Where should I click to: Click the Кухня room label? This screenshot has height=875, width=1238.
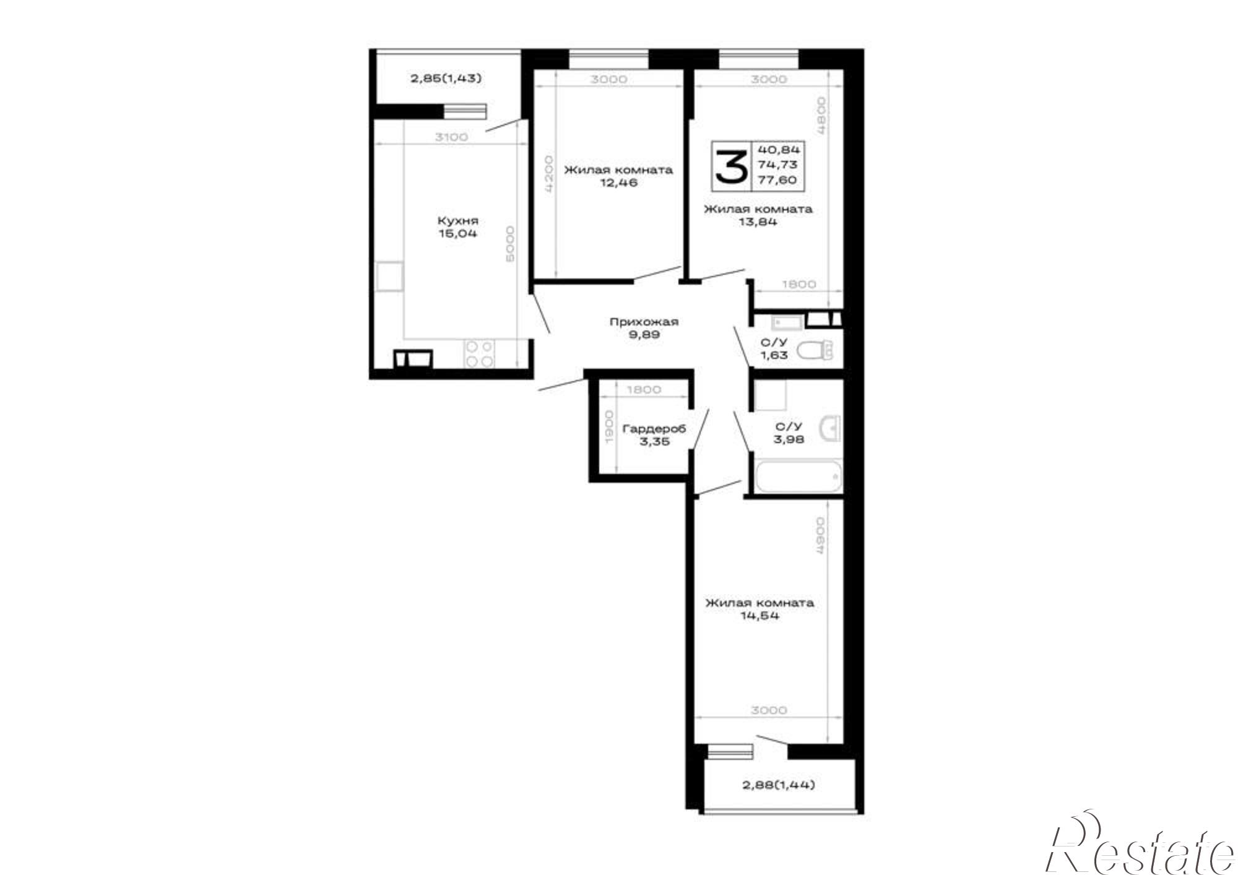(x=457, y=221)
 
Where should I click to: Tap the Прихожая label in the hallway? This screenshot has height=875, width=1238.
(x=644, y=322)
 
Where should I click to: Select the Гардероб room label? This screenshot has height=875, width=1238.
(x=654, y=428)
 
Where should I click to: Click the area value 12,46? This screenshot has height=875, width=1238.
(x=618, y=183)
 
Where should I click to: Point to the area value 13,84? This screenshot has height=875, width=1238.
(x=758, y=222)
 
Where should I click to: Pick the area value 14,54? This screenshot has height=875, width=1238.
(x=760, y=616)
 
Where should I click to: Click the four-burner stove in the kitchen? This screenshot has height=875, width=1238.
(x=480, y=354)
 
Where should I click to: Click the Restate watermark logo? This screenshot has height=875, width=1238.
(x=1139, y=850)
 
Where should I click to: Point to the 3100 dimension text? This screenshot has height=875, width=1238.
(x=451, y=137)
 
